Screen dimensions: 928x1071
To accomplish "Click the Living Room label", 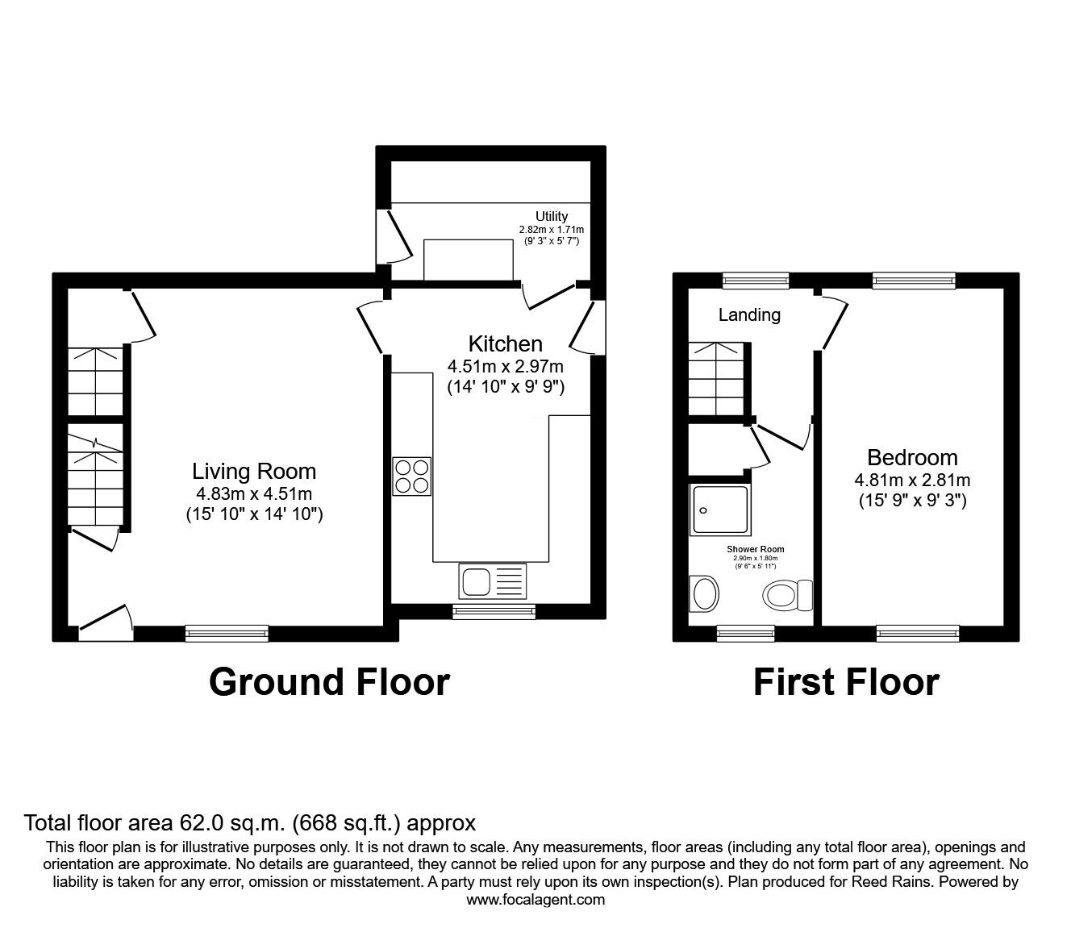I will (x=254, y=471).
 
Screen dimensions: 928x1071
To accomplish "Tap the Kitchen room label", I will (x=506, y=344).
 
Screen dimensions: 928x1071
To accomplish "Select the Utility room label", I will (x=552, y=216).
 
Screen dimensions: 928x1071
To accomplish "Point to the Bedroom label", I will (x=912, y=457).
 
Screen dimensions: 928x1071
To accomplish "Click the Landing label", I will (x=749, y=315).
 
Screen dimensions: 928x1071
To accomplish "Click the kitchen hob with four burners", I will (x=412, y=476).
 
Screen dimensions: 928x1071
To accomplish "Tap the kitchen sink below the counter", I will (x=492, y=581).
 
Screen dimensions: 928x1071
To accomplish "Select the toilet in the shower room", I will (x=787, y=596).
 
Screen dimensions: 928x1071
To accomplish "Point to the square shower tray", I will (x=720, y=510).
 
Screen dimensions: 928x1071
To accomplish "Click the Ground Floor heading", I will (x=329, y=682).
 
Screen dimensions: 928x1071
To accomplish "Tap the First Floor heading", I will (x=846, y=682).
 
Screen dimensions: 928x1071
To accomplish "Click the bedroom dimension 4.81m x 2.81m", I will (x=912, y=481).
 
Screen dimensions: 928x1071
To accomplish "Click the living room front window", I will (x=227, y=634).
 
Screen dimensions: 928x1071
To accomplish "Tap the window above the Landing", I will (x=756, y=281).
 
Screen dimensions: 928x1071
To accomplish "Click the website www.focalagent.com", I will (x=535, y=899).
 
